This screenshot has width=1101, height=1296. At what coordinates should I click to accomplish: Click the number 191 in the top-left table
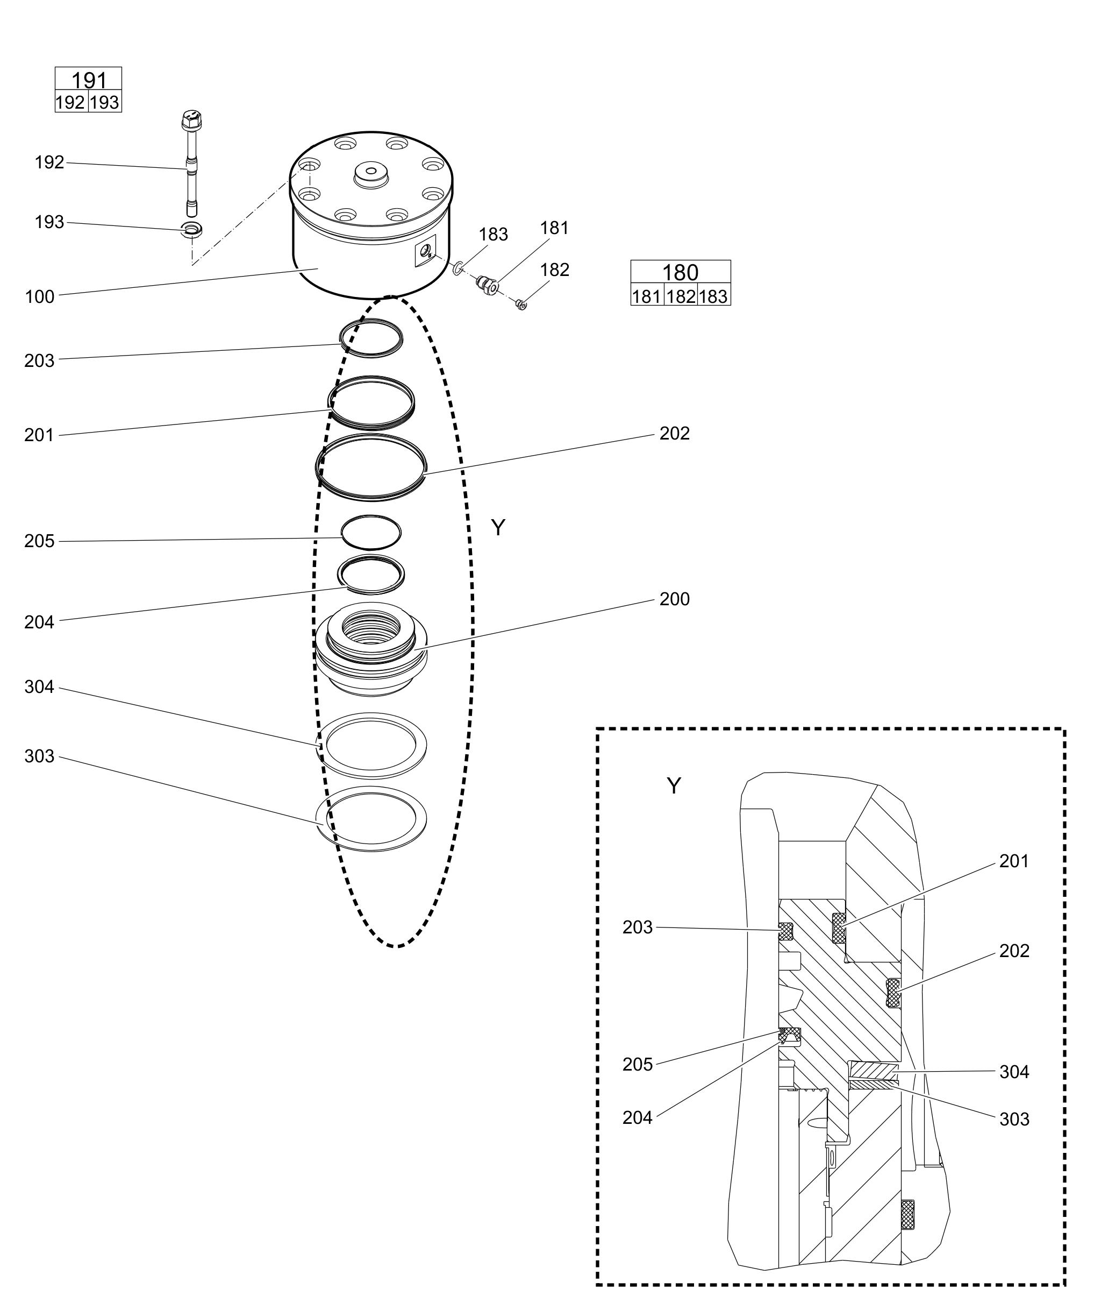(89, 81)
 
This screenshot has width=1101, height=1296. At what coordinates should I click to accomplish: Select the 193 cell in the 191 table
(105, 102)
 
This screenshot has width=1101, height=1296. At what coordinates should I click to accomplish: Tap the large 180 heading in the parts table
(680, 273)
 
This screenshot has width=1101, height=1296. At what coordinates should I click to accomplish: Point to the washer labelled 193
(191, 229)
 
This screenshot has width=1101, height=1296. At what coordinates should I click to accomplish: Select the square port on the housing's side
(426, 251)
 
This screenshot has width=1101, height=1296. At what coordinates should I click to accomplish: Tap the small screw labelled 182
(522, 304)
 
